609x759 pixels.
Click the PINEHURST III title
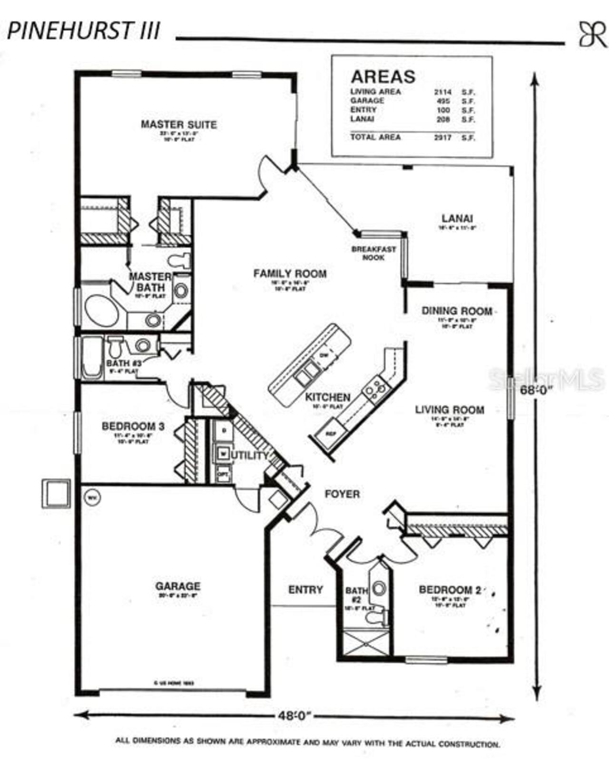pos(84,30)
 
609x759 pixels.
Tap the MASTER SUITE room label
pos(178,125)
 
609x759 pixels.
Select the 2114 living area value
pos(442,92)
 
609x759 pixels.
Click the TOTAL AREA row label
pos(375,137)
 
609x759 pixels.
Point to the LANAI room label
pos(457,219)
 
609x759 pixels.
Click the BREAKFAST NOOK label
pos(373,253)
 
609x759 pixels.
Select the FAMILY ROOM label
pos(290,273)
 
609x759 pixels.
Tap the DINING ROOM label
pos(457,311)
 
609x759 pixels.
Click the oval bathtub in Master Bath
pos(102,311)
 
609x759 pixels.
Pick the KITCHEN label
pos(328,397)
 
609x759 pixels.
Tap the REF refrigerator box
pos(331,434)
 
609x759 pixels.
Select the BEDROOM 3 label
pos(133,426)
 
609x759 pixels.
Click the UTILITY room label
pos(250,456)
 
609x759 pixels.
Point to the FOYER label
pos(342,494)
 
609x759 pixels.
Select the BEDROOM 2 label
pos(450,590)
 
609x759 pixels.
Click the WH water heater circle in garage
pos(92,497)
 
